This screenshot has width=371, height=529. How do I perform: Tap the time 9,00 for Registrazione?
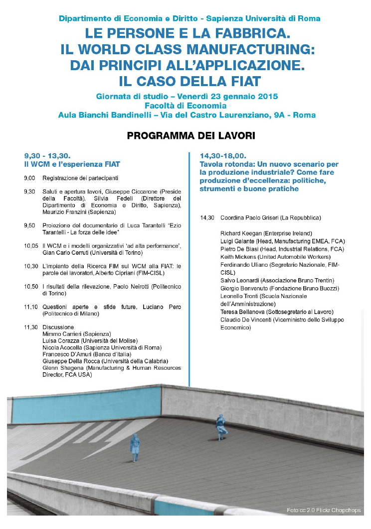tap(29, 178)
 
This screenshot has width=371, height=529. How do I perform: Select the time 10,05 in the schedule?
tap(31, 246)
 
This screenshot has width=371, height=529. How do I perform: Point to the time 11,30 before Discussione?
tap(31, 327)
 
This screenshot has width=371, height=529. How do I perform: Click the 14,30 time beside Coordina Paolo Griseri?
tap(207, 218)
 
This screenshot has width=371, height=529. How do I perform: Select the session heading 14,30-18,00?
tap(223, 155)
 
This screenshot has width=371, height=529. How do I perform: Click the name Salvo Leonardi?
tap(240, 281)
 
